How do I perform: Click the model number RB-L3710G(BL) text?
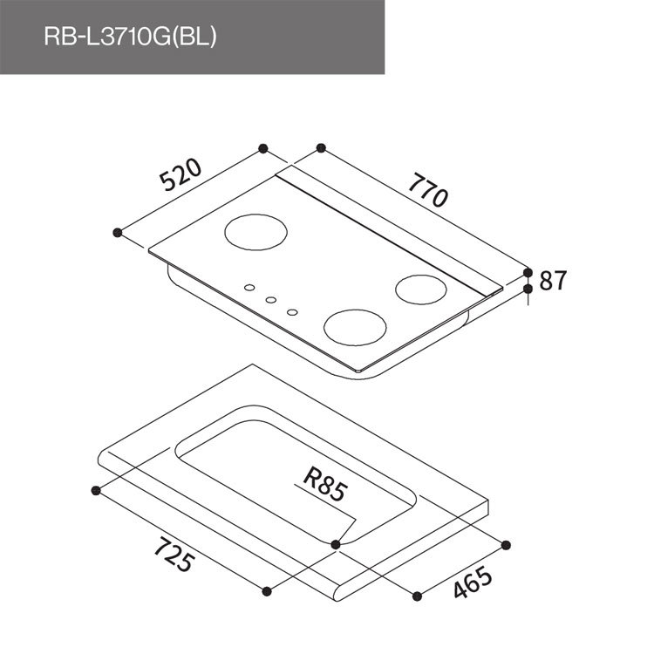click(129, 38)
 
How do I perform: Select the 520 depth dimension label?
click(181, 174)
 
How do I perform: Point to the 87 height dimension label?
click(553, 280)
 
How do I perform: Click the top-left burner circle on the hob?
click(255, 233)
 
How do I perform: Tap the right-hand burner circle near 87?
click(421, 288)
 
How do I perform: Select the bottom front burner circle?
click(355, 327)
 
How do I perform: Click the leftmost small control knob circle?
click(249, 288)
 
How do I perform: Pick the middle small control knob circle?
click(270, 300)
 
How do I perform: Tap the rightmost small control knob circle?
click(292, 311)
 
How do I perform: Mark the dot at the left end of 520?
click(118, 232)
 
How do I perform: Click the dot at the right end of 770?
click(528, 272)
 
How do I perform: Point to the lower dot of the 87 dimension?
click(528, 287)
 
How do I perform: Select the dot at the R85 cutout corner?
click(337, 544)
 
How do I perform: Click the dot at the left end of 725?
click(96, 490)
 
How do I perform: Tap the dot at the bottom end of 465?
click(417, 596)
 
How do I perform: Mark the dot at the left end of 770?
click(321, 148)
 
